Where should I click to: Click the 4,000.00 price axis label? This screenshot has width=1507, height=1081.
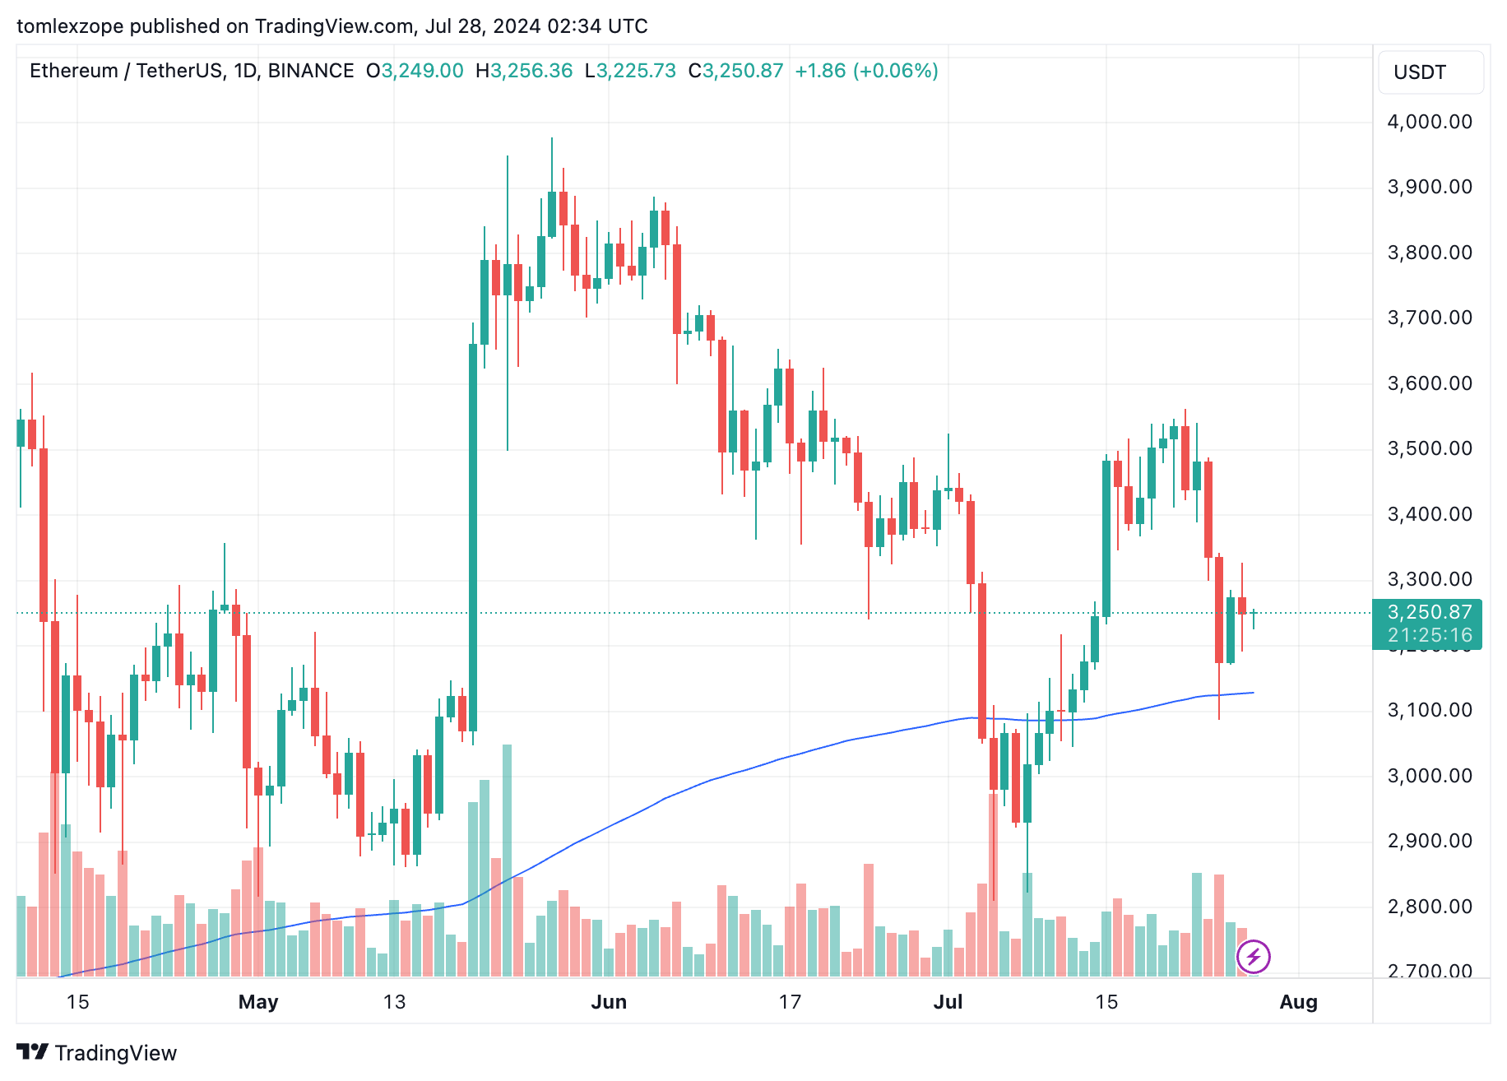1429,123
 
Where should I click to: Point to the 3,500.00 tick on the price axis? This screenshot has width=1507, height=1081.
1429,448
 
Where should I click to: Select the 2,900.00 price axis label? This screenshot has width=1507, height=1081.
1429,841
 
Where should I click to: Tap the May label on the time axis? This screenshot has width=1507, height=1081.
258,1002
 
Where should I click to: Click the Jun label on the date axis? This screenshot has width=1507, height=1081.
609,1002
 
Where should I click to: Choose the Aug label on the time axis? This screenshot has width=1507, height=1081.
1299,1002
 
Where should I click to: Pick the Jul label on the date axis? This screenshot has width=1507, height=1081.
948,1002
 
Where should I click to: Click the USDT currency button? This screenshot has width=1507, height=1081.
1420,72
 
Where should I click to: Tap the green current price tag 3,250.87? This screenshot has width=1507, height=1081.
1429,612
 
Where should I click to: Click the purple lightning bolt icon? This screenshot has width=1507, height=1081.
1254,957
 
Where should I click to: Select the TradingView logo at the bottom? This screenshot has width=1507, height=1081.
97,1053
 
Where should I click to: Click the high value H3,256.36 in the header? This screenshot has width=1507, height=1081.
524,71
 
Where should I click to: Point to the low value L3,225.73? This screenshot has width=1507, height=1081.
630,71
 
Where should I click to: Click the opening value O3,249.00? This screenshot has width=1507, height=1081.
415,71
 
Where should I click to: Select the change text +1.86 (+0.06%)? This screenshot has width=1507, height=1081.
866,71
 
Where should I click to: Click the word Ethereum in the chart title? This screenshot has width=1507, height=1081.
74,71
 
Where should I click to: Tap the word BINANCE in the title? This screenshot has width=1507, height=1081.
311,71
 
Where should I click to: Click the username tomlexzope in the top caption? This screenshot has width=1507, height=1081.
70,26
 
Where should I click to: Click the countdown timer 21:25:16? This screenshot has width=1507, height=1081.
1429,635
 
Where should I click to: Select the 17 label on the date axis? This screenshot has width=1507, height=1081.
790,1002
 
